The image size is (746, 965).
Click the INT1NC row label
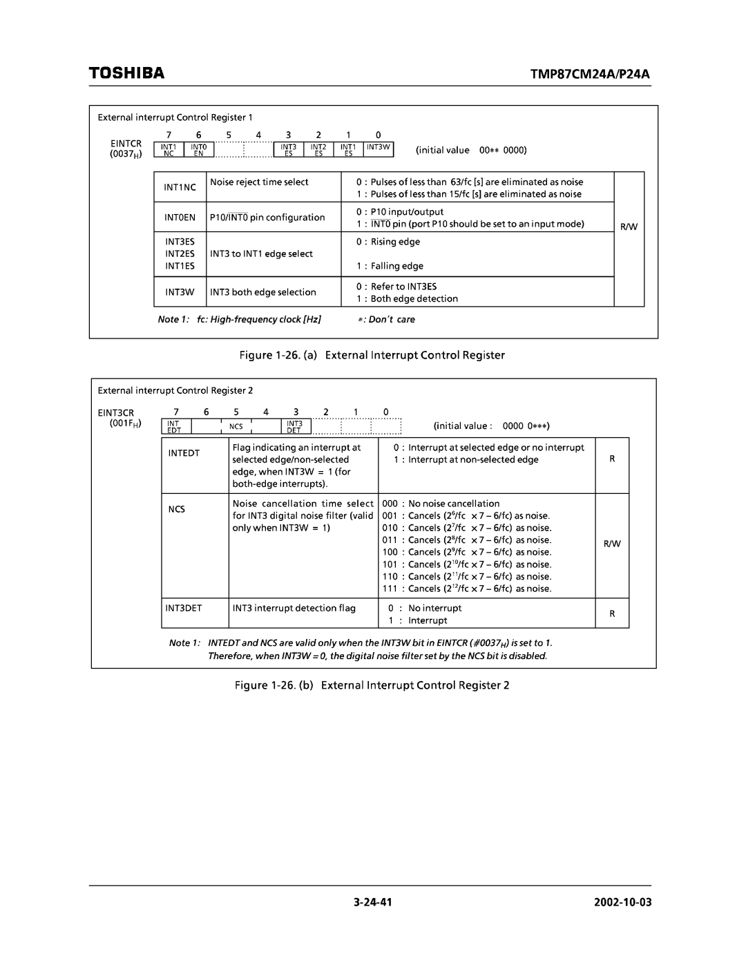tap(180, 187)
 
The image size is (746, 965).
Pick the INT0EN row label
tap(180, 218)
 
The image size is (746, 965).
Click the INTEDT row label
tap(183, 453)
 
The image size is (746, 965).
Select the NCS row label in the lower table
tap(176, 509)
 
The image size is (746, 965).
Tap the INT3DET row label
tap(183, 609)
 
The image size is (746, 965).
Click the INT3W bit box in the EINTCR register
tap(379, 147)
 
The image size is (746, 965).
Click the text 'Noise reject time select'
tap(259, 182)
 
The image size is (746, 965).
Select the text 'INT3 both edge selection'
tap(263, 292)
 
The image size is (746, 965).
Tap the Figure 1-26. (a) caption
tap(372, 355)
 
